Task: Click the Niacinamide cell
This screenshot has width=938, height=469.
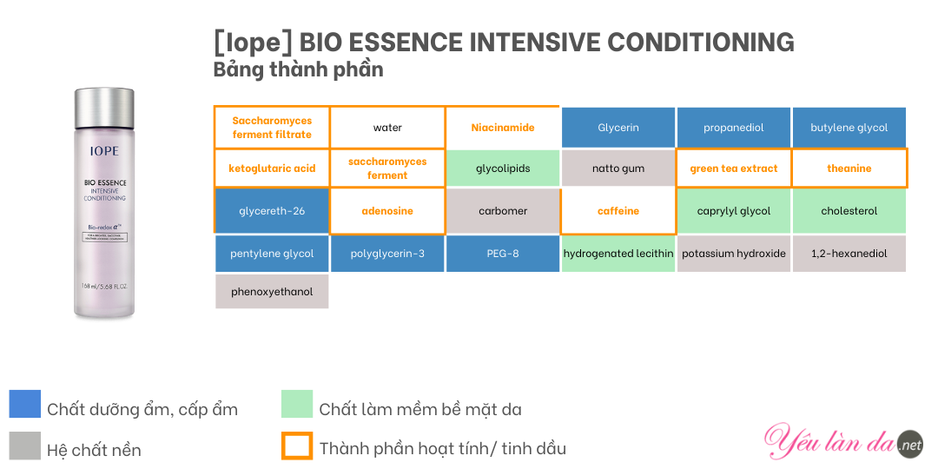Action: [503, 128]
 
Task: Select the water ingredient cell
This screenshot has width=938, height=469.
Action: [387, 128]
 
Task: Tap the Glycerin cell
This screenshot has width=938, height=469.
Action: [618, 128]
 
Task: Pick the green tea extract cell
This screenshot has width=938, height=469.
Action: [733, 168]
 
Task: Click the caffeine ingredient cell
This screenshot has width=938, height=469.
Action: [618, 211]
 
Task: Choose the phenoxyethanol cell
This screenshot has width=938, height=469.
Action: [272, 292]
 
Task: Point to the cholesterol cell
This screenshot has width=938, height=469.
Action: [849, 211]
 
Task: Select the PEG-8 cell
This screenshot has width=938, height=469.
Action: [503, 254]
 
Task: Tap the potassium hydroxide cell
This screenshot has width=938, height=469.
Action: [733, 254]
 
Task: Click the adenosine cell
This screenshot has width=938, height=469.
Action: [387, 211]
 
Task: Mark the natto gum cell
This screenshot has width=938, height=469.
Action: [618, 168]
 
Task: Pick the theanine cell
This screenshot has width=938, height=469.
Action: [849, 168]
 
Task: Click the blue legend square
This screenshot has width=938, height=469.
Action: [25, 404]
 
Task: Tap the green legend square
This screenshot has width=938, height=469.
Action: [297, 404]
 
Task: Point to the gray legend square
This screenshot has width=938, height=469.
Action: [25, 446]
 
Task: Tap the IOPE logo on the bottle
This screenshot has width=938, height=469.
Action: [104, 150]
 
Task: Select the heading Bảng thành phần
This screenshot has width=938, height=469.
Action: [299, 69]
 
